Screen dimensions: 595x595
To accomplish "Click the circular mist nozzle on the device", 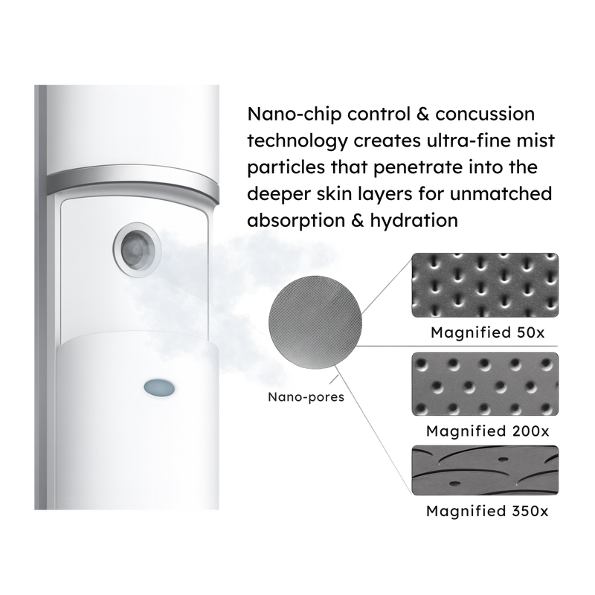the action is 137,250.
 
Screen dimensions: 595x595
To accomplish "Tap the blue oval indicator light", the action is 159,387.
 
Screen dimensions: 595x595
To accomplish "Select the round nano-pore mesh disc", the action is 315,322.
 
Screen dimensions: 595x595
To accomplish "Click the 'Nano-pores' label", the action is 306,397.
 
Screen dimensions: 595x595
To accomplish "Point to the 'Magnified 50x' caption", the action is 487,332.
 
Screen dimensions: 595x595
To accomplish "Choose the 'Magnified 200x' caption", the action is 488,431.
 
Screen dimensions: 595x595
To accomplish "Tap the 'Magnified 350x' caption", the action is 487,511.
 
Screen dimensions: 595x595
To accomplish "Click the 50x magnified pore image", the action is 485,285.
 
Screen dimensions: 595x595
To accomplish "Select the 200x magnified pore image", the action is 485,384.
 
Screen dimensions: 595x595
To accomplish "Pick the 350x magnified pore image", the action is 485,470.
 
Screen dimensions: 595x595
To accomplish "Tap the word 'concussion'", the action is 485,115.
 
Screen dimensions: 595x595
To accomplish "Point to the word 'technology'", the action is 297,141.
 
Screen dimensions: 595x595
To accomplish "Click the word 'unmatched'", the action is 501,193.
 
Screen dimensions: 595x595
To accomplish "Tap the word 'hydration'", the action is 414,221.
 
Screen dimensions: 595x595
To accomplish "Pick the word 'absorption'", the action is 295,221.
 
